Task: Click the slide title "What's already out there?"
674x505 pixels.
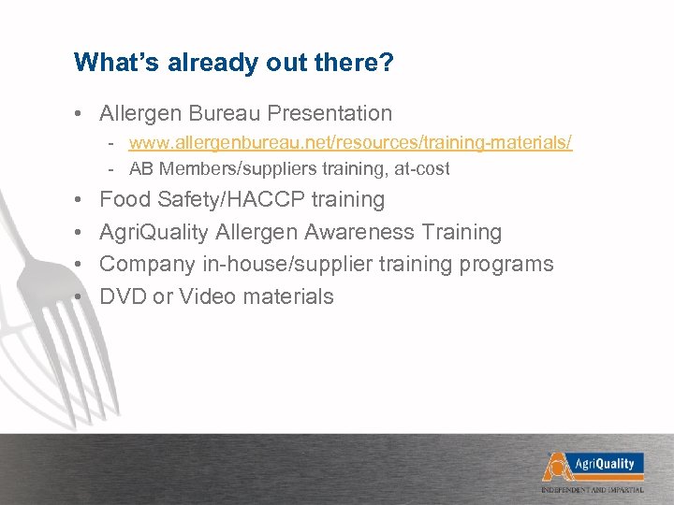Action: [233, 63]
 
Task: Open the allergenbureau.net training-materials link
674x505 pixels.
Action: [351, 143]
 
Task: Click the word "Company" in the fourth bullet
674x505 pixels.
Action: [148, 265]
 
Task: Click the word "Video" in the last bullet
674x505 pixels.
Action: [207, 297]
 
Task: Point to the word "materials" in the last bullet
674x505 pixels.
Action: [287, 297]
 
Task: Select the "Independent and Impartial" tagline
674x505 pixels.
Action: [592, 490]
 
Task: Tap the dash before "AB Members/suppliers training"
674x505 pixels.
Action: [111, 169]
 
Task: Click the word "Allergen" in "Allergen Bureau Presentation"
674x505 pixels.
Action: [140, 114]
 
